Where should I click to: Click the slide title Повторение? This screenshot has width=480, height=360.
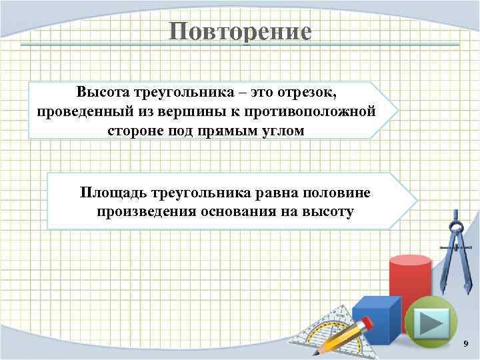click(x=240, y=31)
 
